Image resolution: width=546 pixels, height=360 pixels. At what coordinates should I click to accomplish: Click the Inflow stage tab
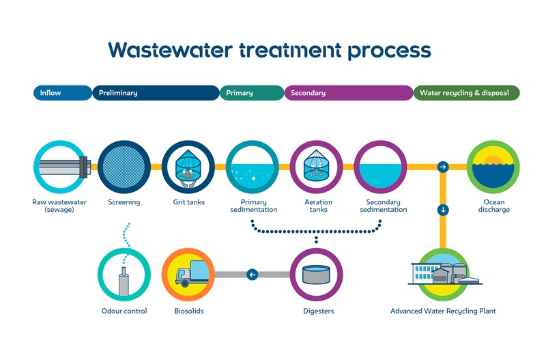click(x=61, y=93)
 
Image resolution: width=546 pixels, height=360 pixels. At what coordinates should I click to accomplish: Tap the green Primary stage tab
click(x=251, y=93)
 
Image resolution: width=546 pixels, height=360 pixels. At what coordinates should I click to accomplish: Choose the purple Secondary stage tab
click(x=348, y=93)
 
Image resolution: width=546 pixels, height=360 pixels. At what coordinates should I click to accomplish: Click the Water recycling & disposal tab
click(x=466, y=93)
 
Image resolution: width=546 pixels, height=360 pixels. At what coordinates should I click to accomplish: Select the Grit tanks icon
click(x=184, y=167)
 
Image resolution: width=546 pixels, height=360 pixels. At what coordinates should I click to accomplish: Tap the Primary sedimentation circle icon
click(x=252, y=167)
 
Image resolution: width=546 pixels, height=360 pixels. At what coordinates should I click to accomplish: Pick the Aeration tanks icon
click(x=316, y=167)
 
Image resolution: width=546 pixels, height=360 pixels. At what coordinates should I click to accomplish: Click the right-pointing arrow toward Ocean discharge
click(x=443, y=167)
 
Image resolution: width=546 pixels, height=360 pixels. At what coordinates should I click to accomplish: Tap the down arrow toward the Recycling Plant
click(x=443, y=210)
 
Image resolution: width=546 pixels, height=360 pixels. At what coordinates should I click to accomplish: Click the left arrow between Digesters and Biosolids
click(x=253, y=275)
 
